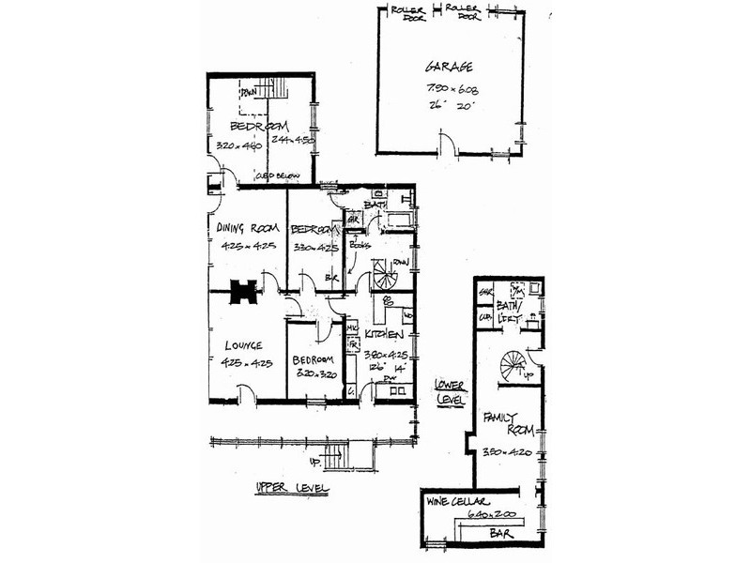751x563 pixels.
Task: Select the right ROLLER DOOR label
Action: pyautogui.click(x=465, y=11)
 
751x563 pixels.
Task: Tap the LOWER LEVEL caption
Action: pyautogui.click(x=451, y=391)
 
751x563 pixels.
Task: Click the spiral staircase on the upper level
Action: pyautogui.click(x=385, y=274)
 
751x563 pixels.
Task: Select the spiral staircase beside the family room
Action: pyautogui.click(x=513, y=364)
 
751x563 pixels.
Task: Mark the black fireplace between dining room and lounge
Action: pyautogui.click(x=243, y=293)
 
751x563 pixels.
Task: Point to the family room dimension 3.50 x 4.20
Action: pyautogui.click(x=508, y=452)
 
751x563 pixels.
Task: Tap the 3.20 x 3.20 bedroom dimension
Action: pyautogui.click(x=314, y=373)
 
